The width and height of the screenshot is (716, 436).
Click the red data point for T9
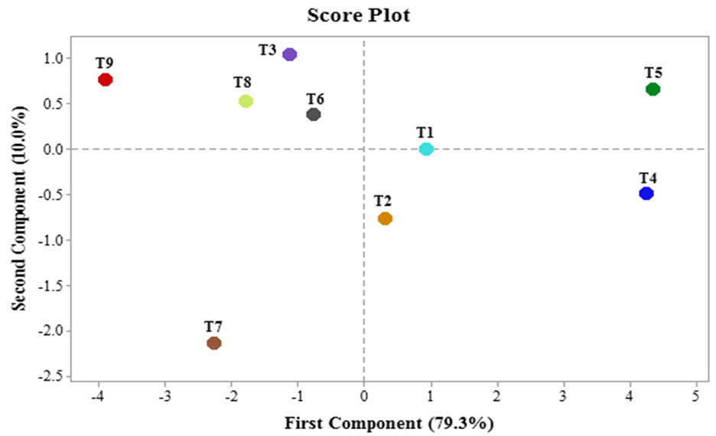[x=106, y=80]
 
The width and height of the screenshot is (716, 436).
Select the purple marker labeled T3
[x=289, y=54]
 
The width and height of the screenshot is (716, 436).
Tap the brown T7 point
[x=214, y=343]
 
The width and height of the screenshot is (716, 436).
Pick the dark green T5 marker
[x=653, y=89]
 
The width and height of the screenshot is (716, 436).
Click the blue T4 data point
[x=646, y=193]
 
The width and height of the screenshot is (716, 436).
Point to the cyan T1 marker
[x=426, y=149]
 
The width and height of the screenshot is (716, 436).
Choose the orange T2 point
[x=385, y=218]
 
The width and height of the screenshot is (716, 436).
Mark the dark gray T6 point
[x=314, y=114]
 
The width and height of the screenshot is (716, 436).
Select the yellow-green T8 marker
[x=246, y=101]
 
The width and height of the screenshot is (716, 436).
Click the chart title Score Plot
[x=358, y=15]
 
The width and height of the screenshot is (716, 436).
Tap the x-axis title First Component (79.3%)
[x=389, y=422]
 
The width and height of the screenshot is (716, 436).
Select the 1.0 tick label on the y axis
[x=53, y=58]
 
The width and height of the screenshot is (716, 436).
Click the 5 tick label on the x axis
[x=696, y=396]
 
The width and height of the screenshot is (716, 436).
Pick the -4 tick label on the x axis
[x=96, y=396]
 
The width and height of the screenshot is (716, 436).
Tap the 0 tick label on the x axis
[x=363, y=396]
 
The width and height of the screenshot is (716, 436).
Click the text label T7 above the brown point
[x=213, y=326]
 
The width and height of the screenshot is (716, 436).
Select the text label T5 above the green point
[x=653, y=73]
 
